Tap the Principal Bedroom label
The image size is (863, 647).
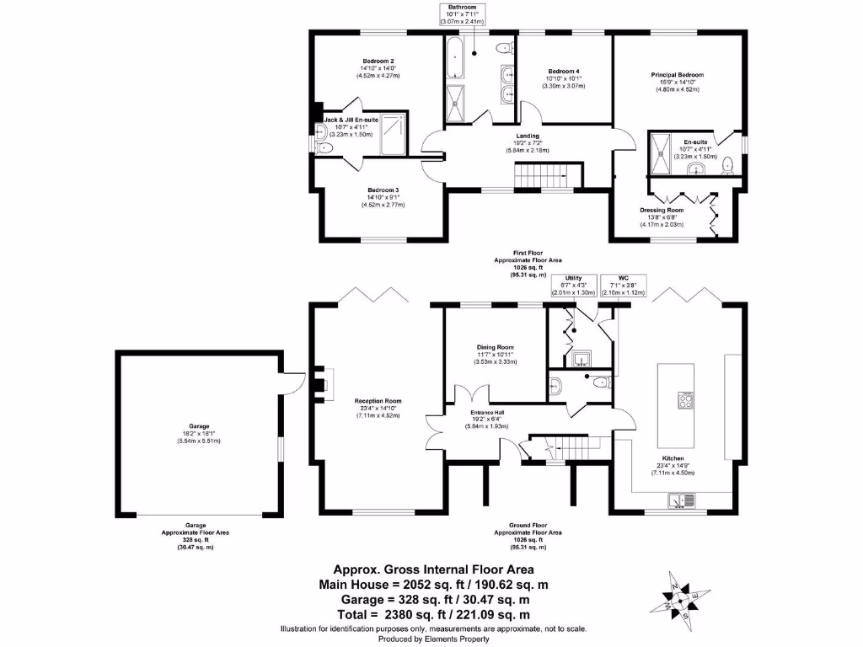[677, 75]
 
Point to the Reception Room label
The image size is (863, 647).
[378, 401]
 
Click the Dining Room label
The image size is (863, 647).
[495, 347]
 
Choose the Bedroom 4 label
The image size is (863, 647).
[563, 71]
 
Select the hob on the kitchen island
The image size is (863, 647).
[683, 400]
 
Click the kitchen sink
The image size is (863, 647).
[679, 502]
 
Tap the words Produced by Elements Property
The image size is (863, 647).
[434, 639]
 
